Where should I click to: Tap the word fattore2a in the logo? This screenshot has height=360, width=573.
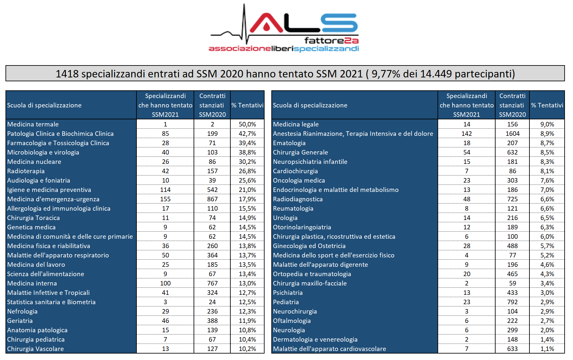331,41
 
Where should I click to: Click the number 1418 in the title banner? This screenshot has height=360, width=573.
67,74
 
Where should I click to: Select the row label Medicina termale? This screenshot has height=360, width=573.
33,124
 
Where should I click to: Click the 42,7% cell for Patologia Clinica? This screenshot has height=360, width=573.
247,134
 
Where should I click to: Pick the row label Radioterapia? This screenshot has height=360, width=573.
26,171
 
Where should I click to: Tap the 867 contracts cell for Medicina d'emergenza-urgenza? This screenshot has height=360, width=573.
212,199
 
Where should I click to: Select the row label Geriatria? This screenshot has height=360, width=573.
20,321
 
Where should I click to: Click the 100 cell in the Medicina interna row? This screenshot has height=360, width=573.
166,283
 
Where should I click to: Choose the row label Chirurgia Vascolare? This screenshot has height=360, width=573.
35,349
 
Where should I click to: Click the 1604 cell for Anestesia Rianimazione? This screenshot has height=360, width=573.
512,134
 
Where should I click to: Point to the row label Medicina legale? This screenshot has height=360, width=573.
296,124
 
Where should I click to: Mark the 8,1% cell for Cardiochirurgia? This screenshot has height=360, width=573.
547,171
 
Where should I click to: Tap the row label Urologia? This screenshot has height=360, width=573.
285,218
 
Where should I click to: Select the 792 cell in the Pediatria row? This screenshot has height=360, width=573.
512,302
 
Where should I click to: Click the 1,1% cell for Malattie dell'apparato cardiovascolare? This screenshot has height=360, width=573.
547,349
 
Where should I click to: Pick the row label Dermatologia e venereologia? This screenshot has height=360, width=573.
315,339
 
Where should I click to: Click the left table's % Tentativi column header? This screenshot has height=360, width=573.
247,105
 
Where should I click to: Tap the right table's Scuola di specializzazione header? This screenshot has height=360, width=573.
310,105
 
